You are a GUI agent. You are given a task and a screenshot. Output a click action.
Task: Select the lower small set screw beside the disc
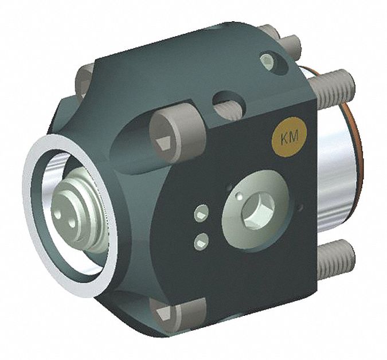point(201,241)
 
